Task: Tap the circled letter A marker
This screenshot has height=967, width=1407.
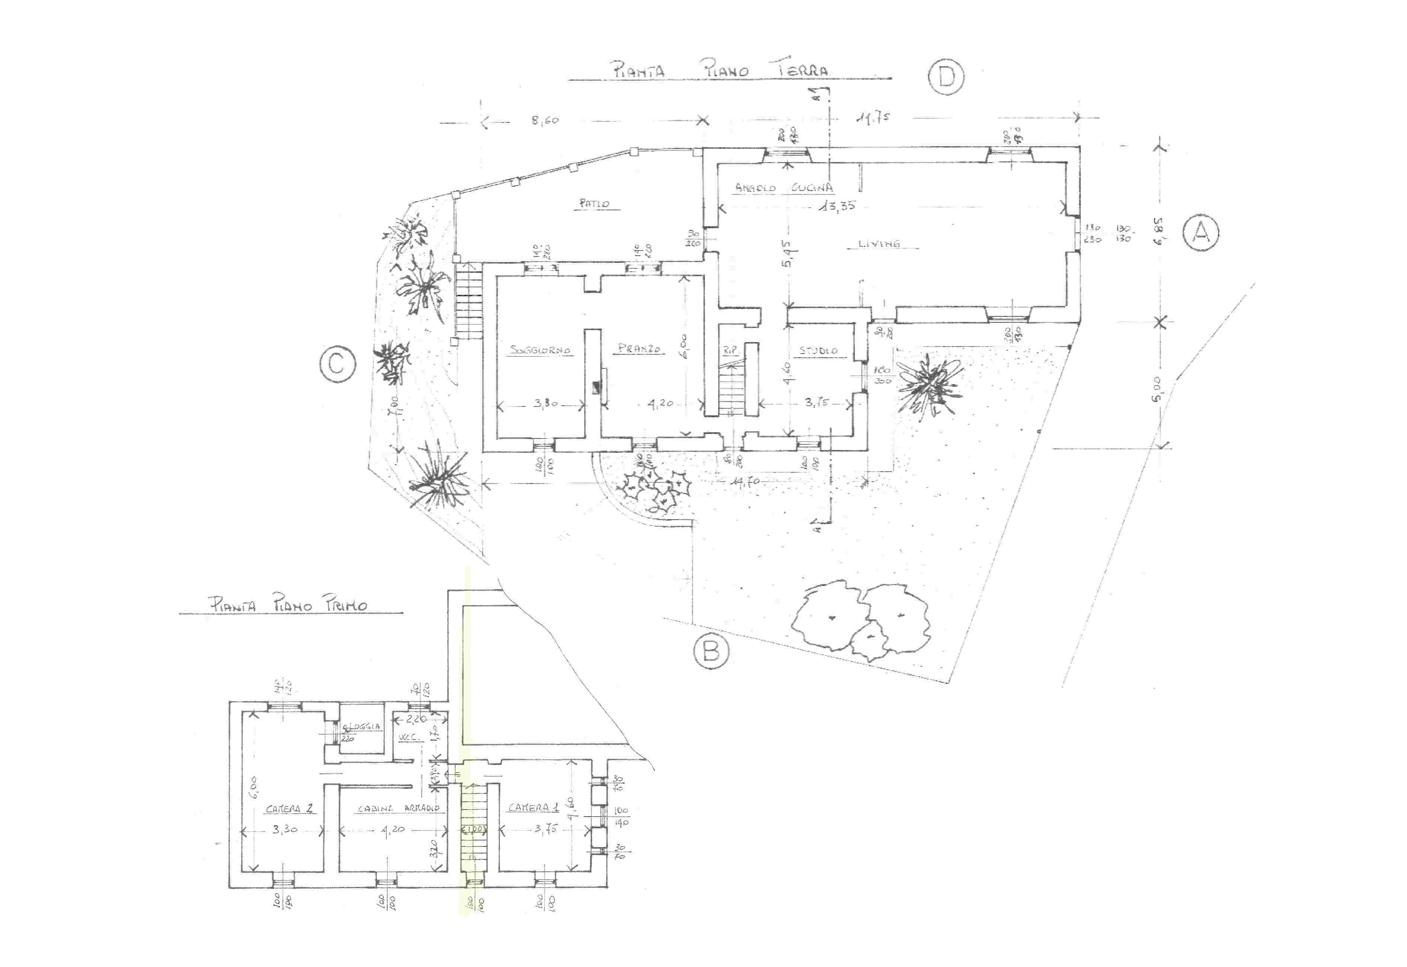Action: coord(1201,232)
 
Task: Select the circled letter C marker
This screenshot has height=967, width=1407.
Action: coord(338,364)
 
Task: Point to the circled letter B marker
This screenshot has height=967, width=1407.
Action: coord(711,651)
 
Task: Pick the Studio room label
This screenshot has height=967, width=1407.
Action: coord(818,350)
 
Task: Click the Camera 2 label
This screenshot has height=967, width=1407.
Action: coord(289,808)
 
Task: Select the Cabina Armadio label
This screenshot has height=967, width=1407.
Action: coord(398,808)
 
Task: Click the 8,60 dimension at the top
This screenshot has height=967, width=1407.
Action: coord(545,120)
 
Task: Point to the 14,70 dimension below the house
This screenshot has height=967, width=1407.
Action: coord(745,482)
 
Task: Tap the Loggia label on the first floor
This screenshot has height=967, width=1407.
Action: coord(362,727)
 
